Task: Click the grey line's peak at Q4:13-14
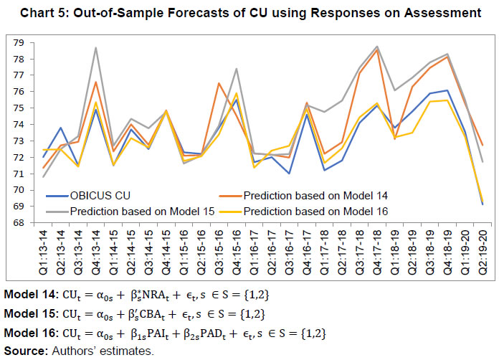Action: click(x=95, y=47)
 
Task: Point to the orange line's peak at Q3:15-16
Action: click(x=218, y=83)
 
